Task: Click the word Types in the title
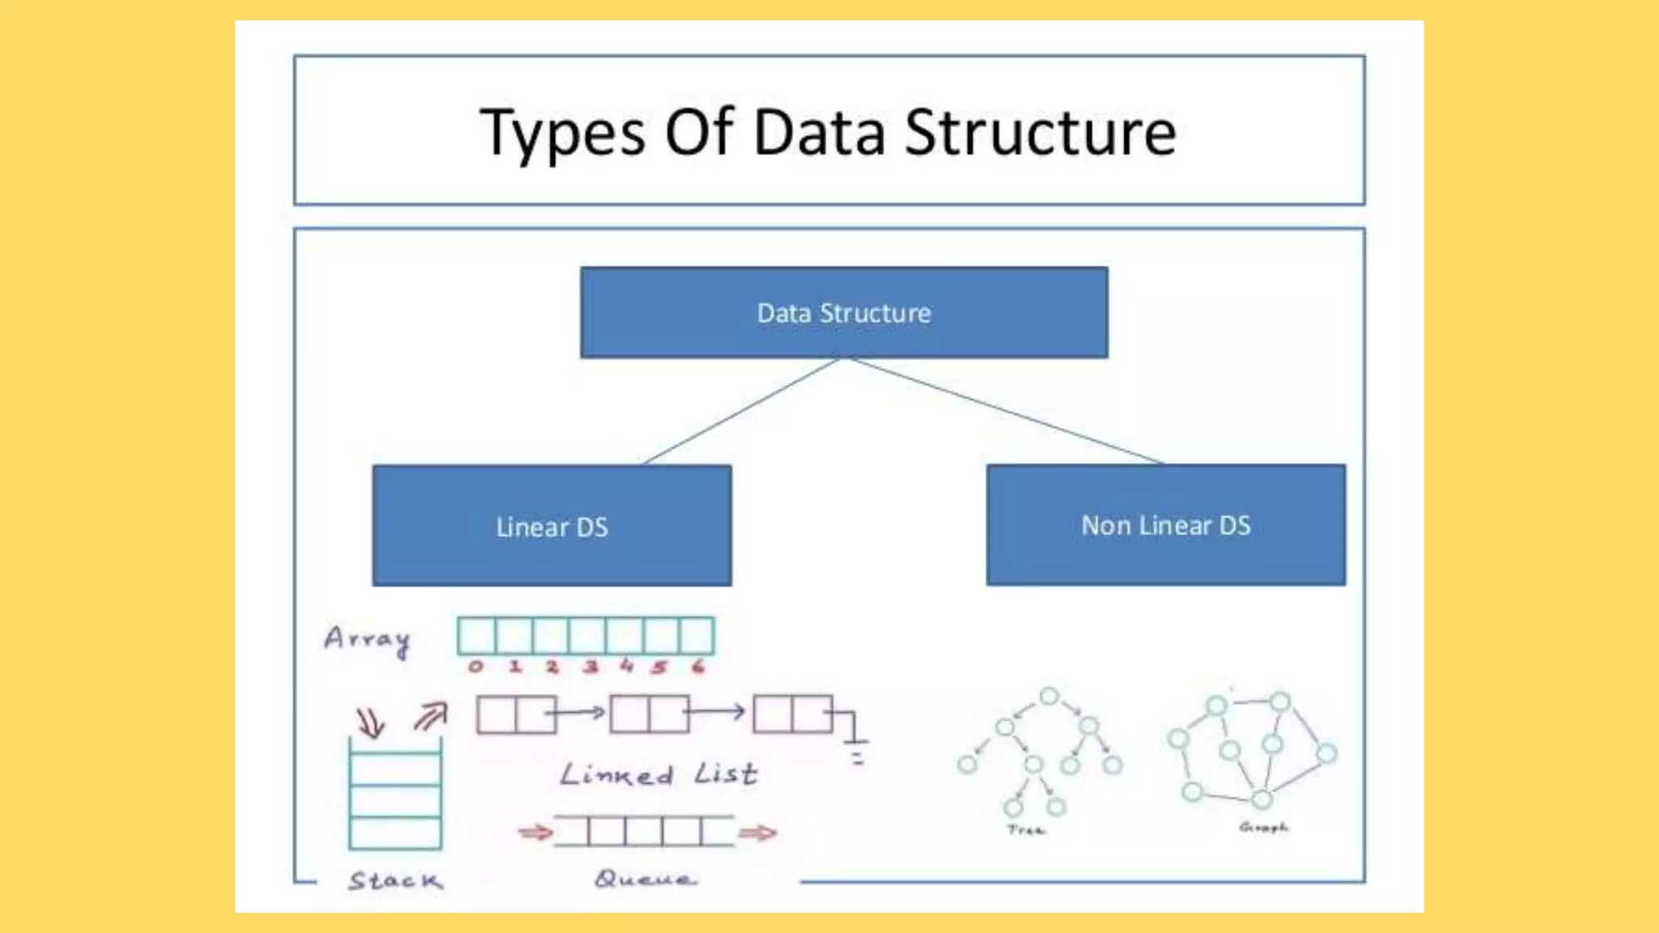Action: click(562, 134)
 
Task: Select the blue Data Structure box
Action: click(844, 313)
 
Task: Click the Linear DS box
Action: click(552, 526)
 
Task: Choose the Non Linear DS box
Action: click(1166, 526)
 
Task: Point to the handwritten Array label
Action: click(368, 640)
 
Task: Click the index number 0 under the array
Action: click(476, 667)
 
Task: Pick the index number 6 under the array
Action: click(698, 667)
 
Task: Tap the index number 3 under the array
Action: click(591, 667)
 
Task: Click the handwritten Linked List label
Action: click(659, 774)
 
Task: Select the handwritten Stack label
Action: click(396, 880)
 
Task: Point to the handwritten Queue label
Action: click(645, 879)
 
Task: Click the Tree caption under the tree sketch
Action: click(1026, 830)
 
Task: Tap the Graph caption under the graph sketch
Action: click(1263, 827)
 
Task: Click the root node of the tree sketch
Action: click(1049, 697)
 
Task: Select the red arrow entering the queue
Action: click(535, 833)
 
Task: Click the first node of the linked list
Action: click(516, 714)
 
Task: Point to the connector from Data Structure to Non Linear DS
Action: click(1004, 411)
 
